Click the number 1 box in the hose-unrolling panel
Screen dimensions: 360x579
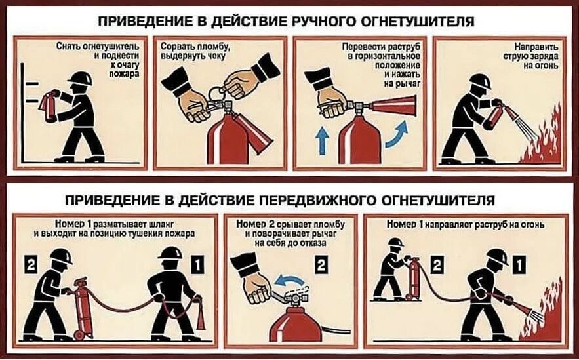point(199,266)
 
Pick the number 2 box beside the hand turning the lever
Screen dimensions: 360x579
point(321,266)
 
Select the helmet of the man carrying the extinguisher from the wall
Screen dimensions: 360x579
point(80,79)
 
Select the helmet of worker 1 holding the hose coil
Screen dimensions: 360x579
point(170,254)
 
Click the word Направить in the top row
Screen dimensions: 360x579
point(529,47)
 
